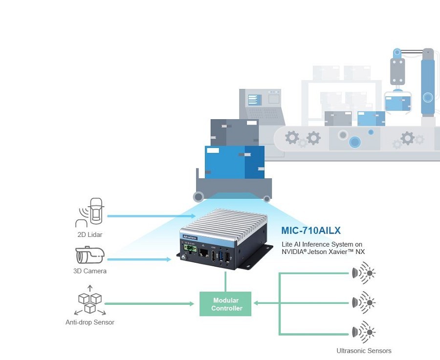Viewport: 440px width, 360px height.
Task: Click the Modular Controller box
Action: click(x=225, y=304)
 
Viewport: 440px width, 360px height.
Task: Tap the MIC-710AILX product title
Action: click(x=311, y=230)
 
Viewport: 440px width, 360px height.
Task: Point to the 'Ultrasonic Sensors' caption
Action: click(x=364, y=351)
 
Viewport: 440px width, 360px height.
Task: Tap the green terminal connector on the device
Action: click(x=191, y=249)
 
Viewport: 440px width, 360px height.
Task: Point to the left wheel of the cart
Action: click(x=198, y=197)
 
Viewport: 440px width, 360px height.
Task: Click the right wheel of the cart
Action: click(x=266, y=198)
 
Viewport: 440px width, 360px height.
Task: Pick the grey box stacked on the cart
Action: click(x=234, y=132)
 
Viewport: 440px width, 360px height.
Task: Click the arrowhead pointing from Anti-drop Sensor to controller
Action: click(x=192, y=304)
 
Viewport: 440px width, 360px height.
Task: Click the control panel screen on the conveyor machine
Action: click(x=254, y=100)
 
